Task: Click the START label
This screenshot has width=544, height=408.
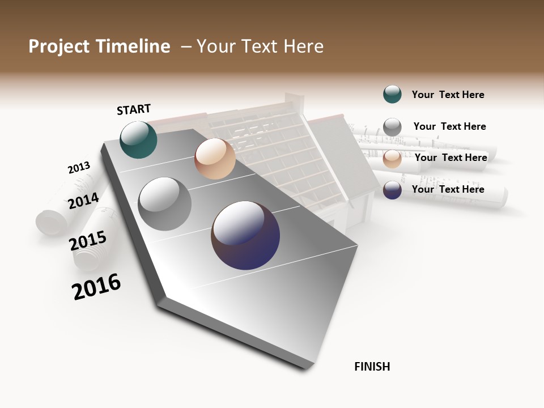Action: pos(134,109)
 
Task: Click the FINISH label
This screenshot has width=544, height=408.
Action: pos(372,367)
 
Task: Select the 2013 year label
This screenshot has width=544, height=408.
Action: pos(79,168)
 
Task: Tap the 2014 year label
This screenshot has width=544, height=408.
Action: pos(83,201)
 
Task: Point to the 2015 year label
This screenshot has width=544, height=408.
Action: pos(88,241)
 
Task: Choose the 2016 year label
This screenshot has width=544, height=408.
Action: pos(96,287)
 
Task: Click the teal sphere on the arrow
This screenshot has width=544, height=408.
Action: pos(138,139)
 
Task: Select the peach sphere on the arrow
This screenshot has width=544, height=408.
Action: pos(215,159)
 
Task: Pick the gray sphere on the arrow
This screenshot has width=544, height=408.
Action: pos(165,204)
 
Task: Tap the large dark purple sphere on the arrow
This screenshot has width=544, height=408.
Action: pos(245,235)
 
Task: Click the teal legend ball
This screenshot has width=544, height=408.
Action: pos(392,94)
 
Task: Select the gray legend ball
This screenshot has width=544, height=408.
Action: pos(392,127)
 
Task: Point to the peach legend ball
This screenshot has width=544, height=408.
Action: pos(392,159)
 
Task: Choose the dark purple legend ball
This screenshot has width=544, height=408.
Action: pos(392,190)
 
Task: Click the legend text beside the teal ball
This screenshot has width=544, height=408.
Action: pos(448,95)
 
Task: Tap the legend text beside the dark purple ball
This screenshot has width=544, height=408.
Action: pos(448,189)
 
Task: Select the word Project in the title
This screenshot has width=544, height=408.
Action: pos(59,46)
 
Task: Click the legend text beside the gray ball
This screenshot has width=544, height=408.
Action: pos(449,126)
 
